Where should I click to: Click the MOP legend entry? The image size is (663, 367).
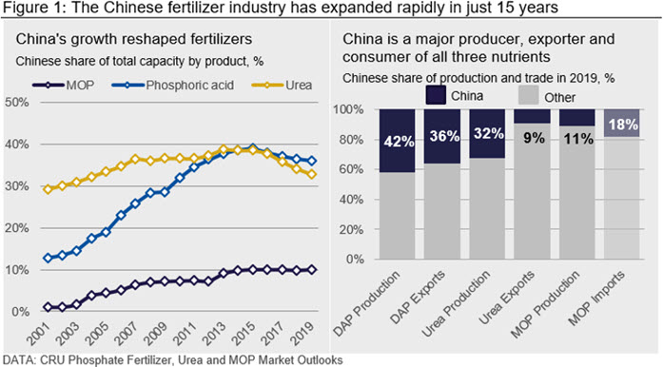coord(64,85)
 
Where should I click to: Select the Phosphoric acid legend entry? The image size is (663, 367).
coord(173,85)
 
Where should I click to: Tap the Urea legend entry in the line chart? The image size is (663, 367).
coord(282,85)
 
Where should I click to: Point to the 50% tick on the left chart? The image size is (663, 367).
coord(17,103)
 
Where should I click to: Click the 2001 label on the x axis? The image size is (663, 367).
coord(38,334)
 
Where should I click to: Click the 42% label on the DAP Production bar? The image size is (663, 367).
coord(399,142)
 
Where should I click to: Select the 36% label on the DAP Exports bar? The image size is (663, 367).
coord(444,136)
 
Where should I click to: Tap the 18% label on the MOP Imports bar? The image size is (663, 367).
coord(623,125)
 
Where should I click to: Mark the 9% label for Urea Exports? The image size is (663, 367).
coord(534,138)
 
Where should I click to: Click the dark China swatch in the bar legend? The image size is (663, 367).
coord(436,95)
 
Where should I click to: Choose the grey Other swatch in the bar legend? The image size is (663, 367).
coord(529,95)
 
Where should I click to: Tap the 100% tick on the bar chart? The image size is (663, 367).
coord(348,109)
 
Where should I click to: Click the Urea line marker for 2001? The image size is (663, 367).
coord(48,189)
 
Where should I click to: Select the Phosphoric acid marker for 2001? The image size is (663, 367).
coord(48,258)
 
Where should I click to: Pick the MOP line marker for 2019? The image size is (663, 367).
coord(312,270)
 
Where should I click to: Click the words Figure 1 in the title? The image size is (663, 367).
coord(29,8)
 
